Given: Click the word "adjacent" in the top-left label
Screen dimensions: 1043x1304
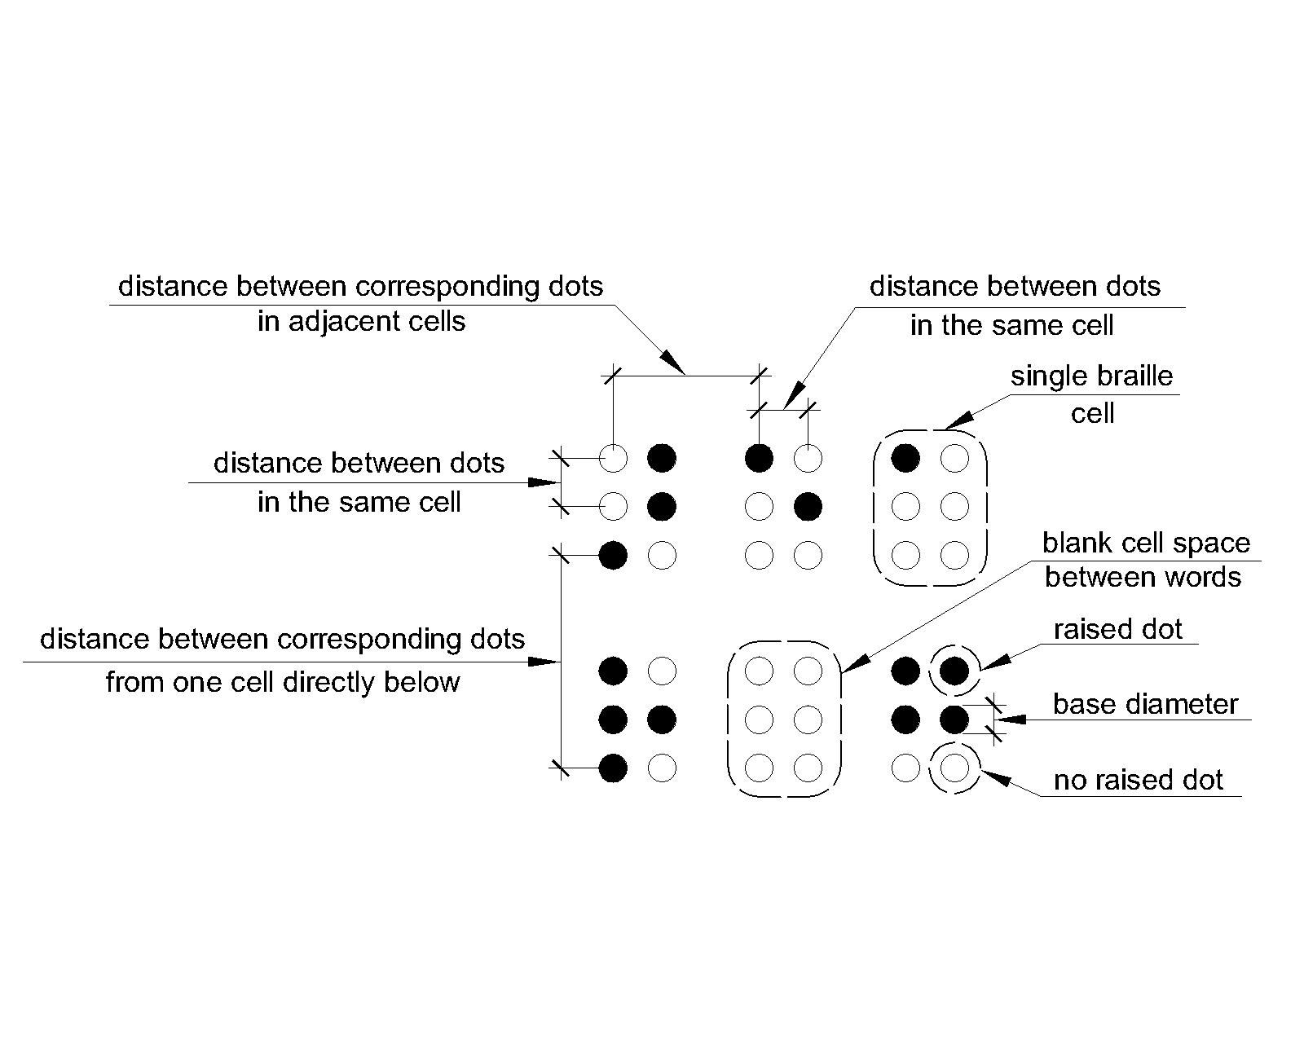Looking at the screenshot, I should click(348, 322).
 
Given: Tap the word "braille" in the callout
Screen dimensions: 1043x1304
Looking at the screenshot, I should click(1136, 376).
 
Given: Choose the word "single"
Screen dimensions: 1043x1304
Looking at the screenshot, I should click(1050, 376).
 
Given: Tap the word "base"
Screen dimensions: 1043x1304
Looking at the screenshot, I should click(1080, 704).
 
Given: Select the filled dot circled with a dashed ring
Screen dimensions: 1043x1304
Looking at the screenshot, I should click(954, 671).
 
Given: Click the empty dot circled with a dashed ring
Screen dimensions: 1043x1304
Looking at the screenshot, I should click(954, 768).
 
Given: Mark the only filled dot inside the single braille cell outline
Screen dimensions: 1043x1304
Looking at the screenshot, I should click(905, 459).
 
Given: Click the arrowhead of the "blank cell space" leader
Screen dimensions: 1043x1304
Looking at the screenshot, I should click(851, 666).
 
